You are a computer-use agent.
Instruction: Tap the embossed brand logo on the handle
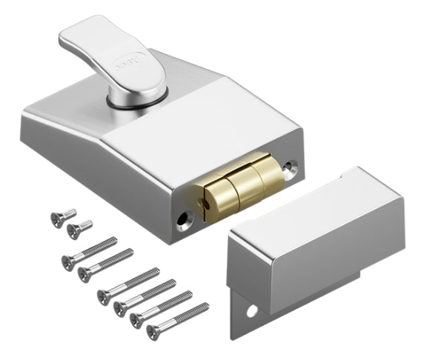pos(127,64)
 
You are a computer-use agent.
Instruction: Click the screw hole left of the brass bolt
pos(183,219)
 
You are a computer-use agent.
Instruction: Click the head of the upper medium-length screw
pos(67,260)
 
